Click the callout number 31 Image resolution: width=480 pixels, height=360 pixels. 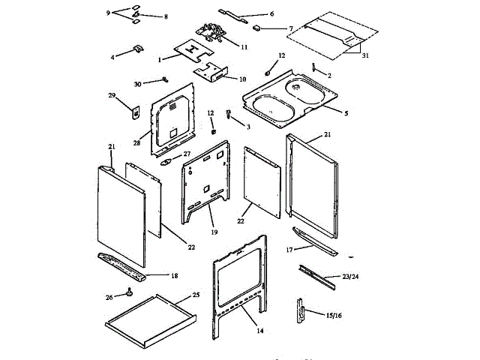(x=365, y=55)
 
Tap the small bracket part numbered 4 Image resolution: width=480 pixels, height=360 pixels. (x=138, y=49)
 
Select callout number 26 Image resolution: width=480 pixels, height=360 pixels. (x=110, y=297)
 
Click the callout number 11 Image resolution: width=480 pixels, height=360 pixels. (x=244, y=46)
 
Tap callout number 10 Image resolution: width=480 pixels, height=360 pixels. (x=242, y=79)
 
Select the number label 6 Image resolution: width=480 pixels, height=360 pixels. (x=271, y=13)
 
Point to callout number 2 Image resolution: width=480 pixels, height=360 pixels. (x=328, y=75)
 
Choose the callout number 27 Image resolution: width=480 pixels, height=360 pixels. (x=187, y=154)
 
